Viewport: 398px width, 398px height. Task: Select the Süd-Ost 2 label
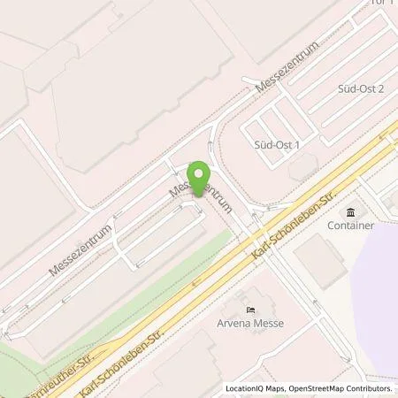pyautogui.click(x=361, y=89)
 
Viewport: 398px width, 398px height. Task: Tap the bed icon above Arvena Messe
pyautogui.click(x=251, y=309)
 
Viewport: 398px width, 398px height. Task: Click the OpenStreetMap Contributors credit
pyautogui.click(x=345, y=388)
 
